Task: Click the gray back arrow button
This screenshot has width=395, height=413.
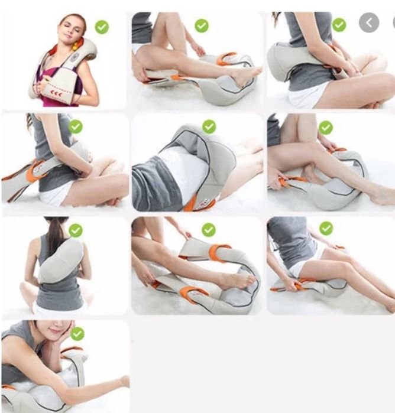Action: (369, 23)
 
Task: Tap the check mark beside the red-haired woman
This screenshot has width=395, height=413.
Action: (102, 27)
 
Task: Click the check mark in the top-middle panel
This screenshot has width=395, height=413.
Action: (202, 25)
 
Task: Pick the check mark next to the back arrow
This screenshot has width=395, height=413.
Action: (339, 25)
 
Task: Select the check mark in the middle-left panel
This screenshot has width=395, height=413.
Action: (76, 126)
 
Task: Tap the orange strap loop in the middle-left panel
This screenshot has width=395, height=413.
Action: (35, 171)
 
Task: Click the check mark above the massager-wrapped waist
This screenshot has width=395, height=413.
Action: (209, 126)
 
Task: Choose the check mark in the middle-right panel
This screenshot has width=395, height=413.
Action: (326, 127)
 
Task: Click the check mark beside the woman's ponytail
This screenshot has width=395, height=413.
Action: (76, 230)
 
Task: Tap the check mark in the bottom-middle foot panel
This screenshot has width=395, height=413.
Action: (208, 229)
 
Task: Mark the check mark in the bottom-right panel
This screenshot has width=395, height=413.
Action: (326, 228)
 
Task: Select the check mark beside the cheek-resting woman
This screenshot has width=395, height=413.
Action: (77, 334)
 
